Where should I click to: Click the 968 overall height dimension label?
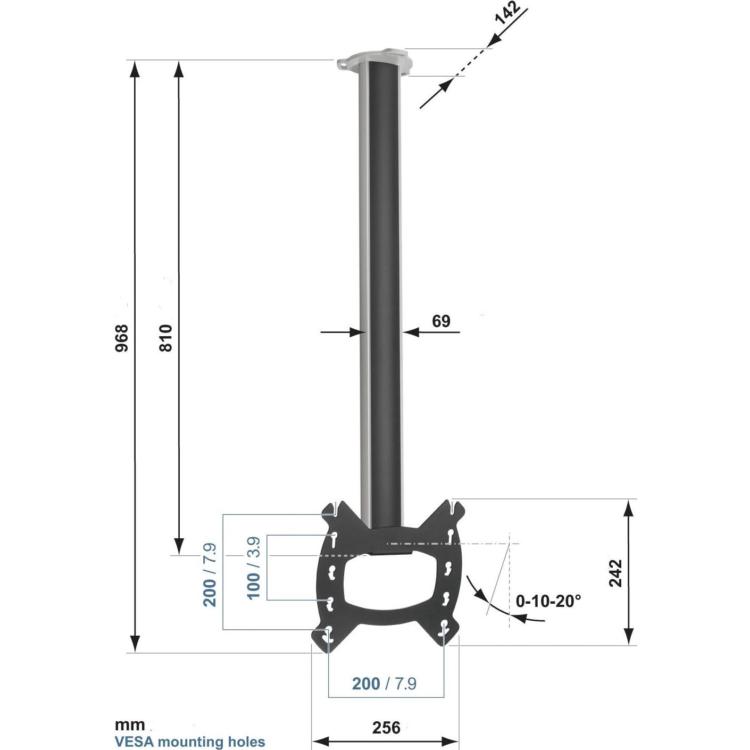point(122,338)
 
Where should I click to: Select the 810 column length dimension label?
point(166,338)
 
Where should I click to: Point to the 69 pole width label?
point(441,321)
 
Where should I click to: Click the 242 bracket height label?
point(615,573)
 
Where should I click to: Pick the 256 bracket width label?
point(386,727)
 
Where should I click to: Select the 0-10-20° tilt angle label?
point(548,601)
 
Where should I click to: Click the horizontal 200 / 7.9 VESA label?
point(384,684)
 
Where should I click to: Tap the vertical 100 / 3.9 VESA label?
point(254,568)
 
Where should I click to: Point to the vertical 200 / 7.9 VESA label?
point(210,575)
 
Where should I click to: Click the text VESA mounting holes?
point(190,741)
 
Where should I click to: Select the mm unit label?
point(129,725)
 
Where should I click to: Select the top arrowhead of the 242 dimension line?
point(628,508)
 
